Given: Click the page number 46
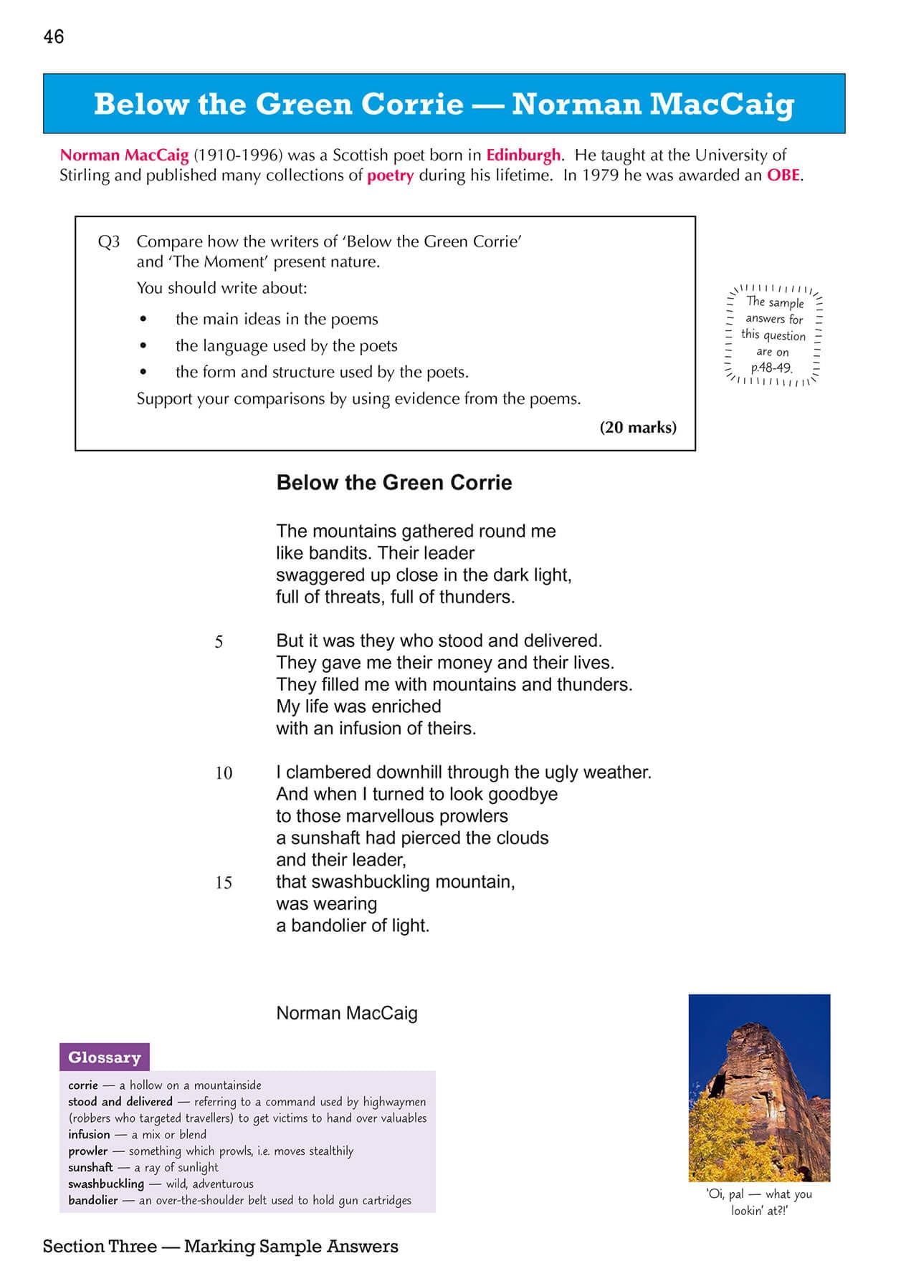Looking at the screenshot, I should click(x=54, y=37).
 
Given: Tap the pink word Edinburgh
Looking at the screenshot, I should click(x=523, y=155).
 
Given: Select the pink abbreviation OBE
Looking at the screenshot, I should click(x=783, y=175).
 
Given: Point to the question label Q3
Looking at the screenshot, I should click(x=109, y=241).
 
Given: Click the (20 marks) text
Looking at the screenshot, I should click(x=638, y=428).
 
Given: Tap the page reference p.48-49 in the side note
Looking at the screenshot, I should click(x=771, y=368).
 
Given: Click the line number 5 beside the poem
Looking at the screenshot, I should click(x=219, y=642).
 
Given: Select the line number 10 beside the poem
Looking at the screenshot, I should click(x=224, y=773).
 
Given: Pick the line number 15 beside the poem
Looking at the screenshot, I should click(x=224, y=883).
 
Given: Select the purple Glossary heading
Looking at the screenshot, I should click(x=105, y=1057).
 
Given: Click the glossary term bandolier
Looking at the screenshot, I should click(x=92, y=1200).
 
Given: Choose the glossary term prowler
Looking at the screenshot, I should click(x=87, y=1151).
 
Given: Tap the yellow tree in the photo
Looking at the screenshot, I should click(x=724, y=1139).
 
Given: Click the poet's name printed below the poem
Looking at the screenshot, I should click(x=347, y=1013).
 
